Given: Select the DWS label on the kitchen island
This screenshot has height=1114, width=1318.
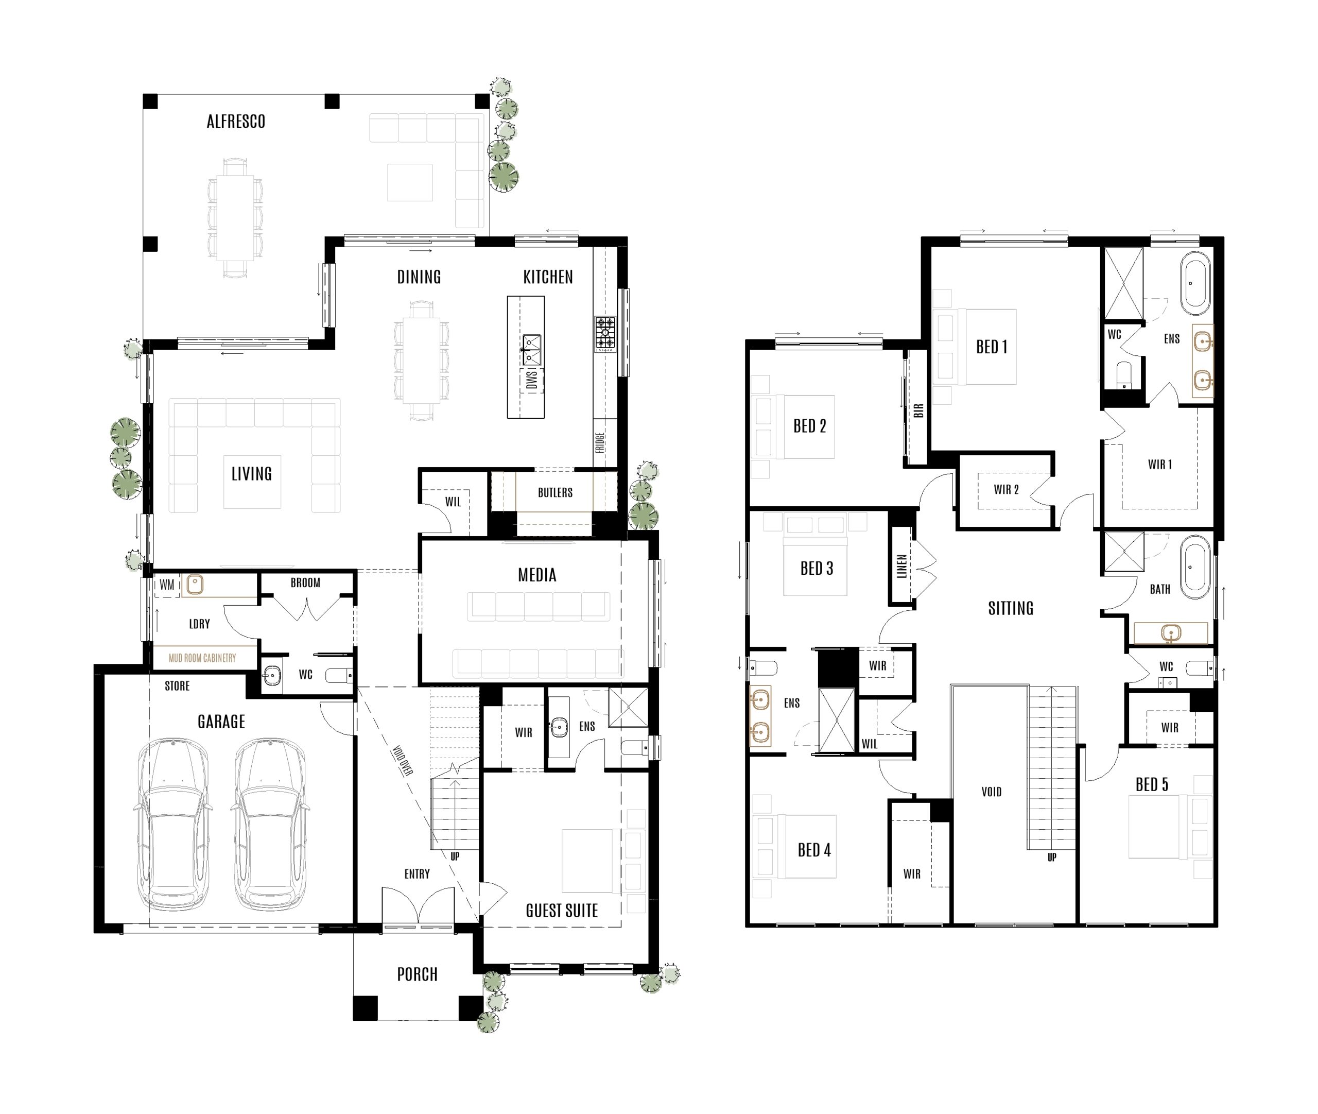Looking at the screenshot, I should click(x=531, y=380).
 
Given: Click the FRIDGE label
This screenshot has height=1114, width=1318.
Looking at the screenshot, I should click(x=600, y=442).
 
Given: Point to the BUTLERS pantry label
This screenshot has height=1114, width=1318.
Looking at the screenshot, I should click(x=555, y=492).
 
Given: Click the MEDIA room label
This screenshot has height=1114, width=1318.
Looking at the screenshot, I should click(x=536, y=575).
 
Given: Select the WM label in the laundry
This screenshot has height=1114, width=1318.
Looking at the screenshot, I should click(x=167, y=585).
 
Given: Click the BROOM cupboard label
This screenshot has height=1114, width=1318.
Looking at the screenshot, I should click(x=305, y=583).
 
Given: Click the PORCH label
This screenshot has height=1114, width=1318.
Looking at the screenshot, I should click(x=417, y=974).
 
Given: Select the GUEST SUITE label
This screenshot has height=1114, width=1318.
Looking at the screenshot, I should click(x=561, y=910).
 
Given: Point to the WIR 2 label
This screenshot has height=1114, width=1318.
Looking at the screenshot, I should click(x=1005, y=489).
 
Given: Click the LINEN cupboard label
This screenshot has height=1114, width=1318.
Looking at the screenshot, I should click(x=901, y=567).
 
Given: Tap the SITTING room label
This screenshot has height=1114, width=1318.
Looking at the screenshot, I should click(x=1011, y=608).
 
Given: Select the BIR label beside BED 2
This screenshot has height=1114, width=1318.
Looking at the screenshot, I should click(x=918, y=410).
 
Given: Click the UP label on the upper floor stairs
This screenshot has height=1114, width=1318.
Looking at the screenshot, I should click(x=1052, y=857).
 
